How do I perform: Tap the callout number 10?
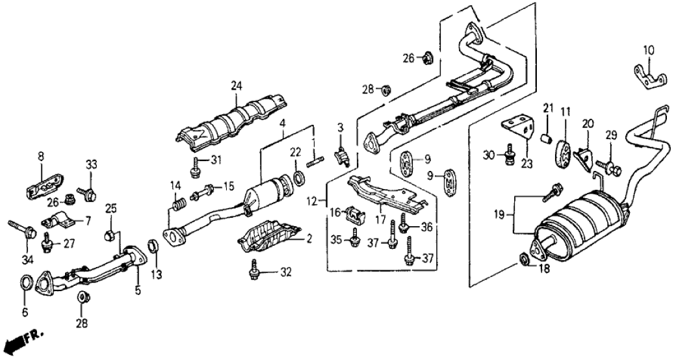pyautogui.click(x=649, y=49)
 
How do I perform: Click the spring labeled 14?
pyautogui.click(x=175, y=207)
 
